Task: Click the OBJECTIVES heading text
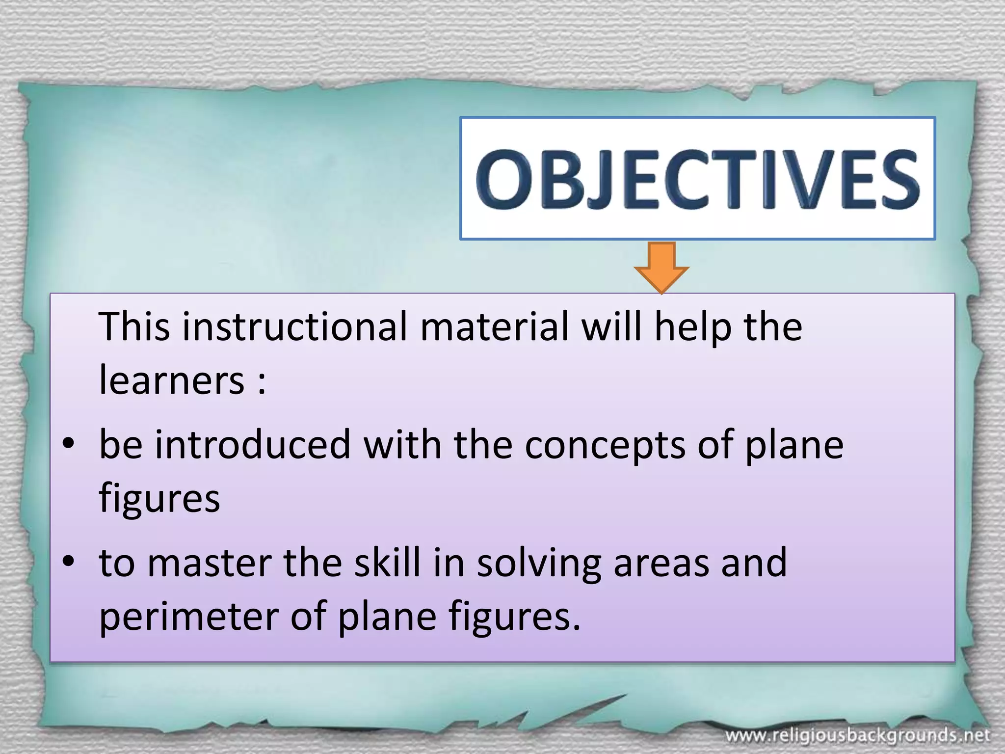pyautogui.click(x=697, y=179)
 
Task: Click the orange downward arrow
pyautogui.click(x=661, y=267)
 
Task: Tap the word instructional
pyautogui.click(x=295, y=327)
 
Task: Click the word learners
pyautogui.click(x=172, y=380)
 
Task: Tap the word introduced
pyautogui.click(x=253, y=444)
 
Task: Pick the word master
pyautogui.click(x=210, y=563)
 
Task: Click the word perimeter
pyautogui.click(x=189, y=618)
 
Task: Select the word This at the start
pyautogui.click(x=134, y=327)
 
